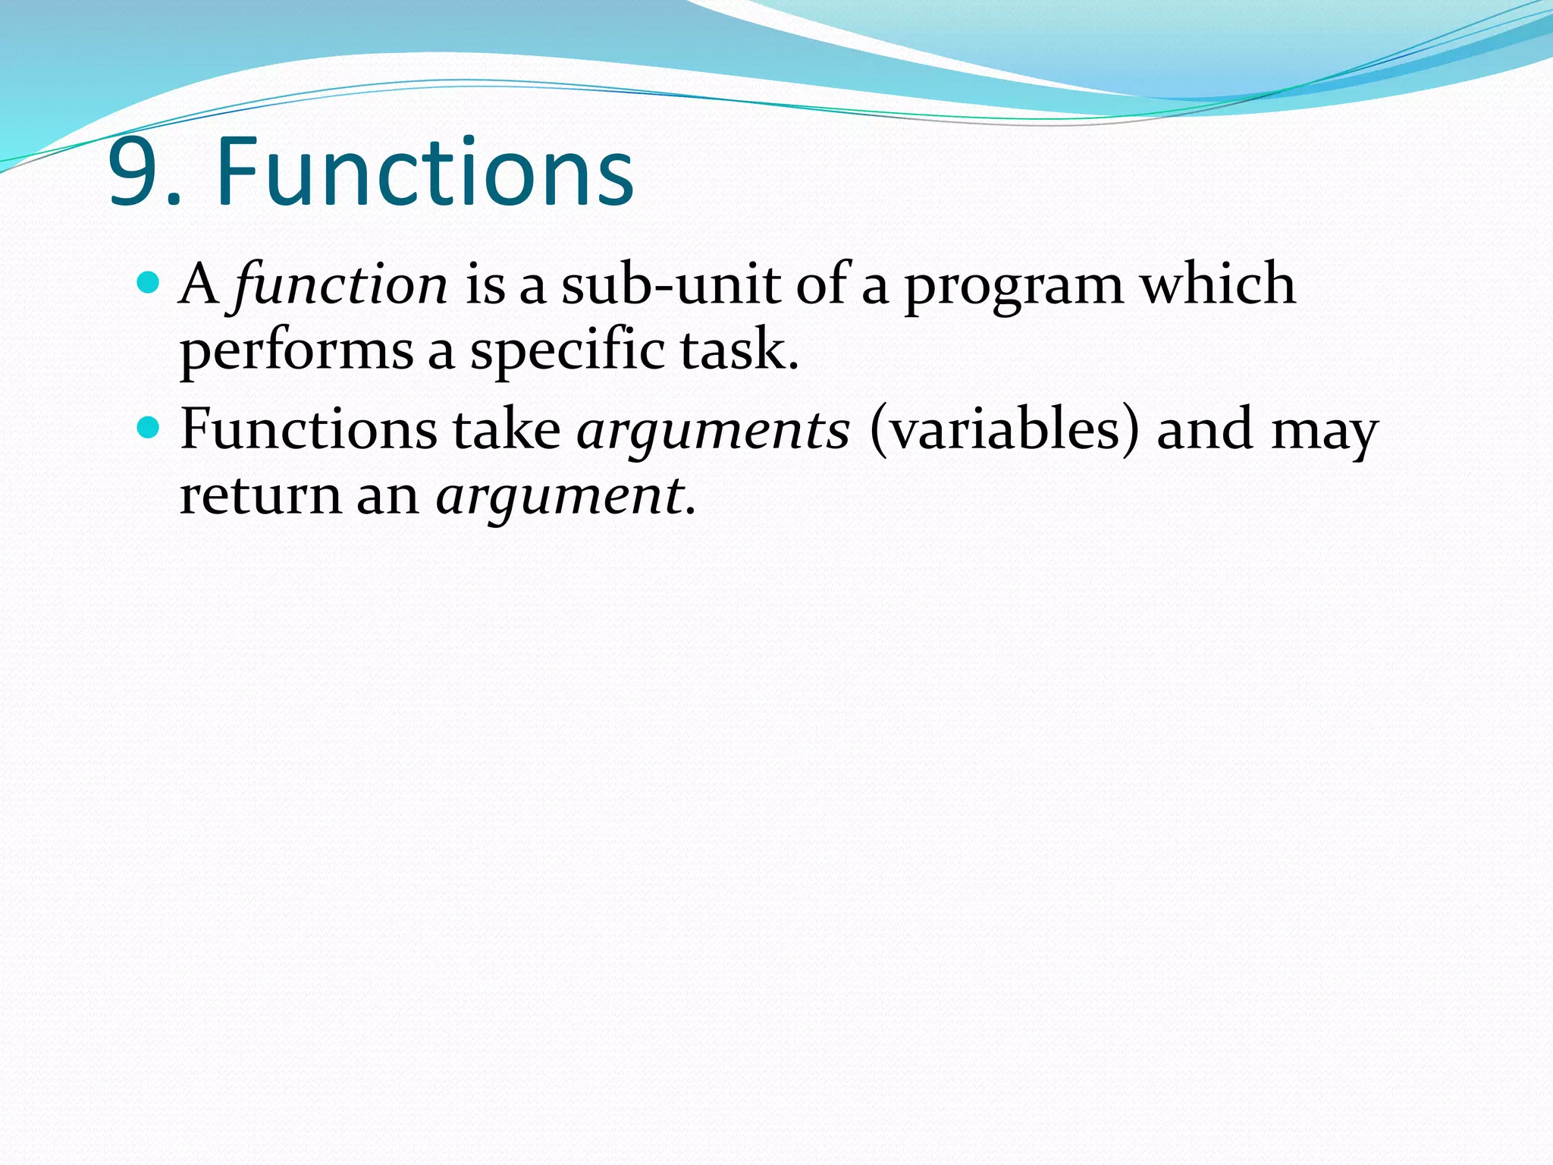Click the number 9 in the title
coord(135,173)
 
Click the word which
coord(1219,284)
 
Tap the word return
coord(260,496)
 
